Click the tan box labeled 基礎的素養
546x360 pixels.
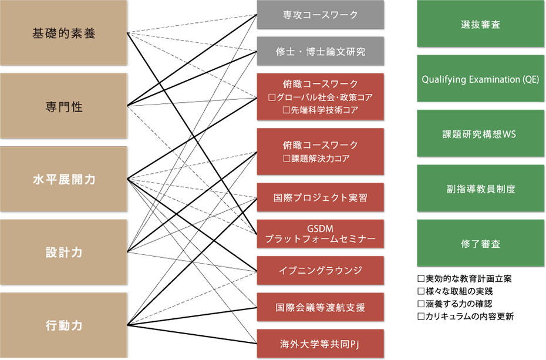tap(63, 33)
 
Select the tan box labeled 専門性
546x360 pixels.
tap(63, 106)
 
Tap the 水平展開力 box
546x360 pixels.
tap(63, 179)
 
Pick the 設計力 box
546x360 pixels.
tap(63, 252)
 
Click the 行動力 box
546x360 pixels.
tap(63, 325)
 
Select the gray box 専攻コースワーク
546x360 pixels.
tap(321, 15)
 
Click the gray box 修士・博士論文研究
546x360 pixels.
tap(321, 51)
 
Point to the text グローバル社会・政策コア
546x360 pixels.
tap(325, 97)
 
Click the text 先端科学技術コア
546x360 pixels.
tap(325, 110)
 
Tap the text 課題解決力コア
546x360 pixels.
tap(321, 159)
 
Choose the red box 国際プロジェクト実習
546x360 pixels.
tap(321, 197)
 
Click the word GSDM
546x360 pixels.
tap(321, 228)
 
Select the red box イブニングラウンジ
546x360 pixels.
tap(321, 271)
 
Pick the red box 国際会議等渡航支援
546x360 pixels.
tap(321, 307)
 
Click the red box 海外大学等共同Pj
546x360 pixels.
tap(321, 344)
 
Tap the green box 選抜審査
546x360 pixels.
tap(480, 23)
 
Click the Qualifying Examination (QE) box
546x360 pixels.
tap(480, 79)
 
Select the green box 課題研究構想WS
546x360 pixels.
tap(480, 134)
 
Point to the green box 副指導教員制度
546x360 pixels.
tap(480, 189)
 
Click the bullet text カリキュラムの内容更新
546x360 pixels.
tap(470, 316)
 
